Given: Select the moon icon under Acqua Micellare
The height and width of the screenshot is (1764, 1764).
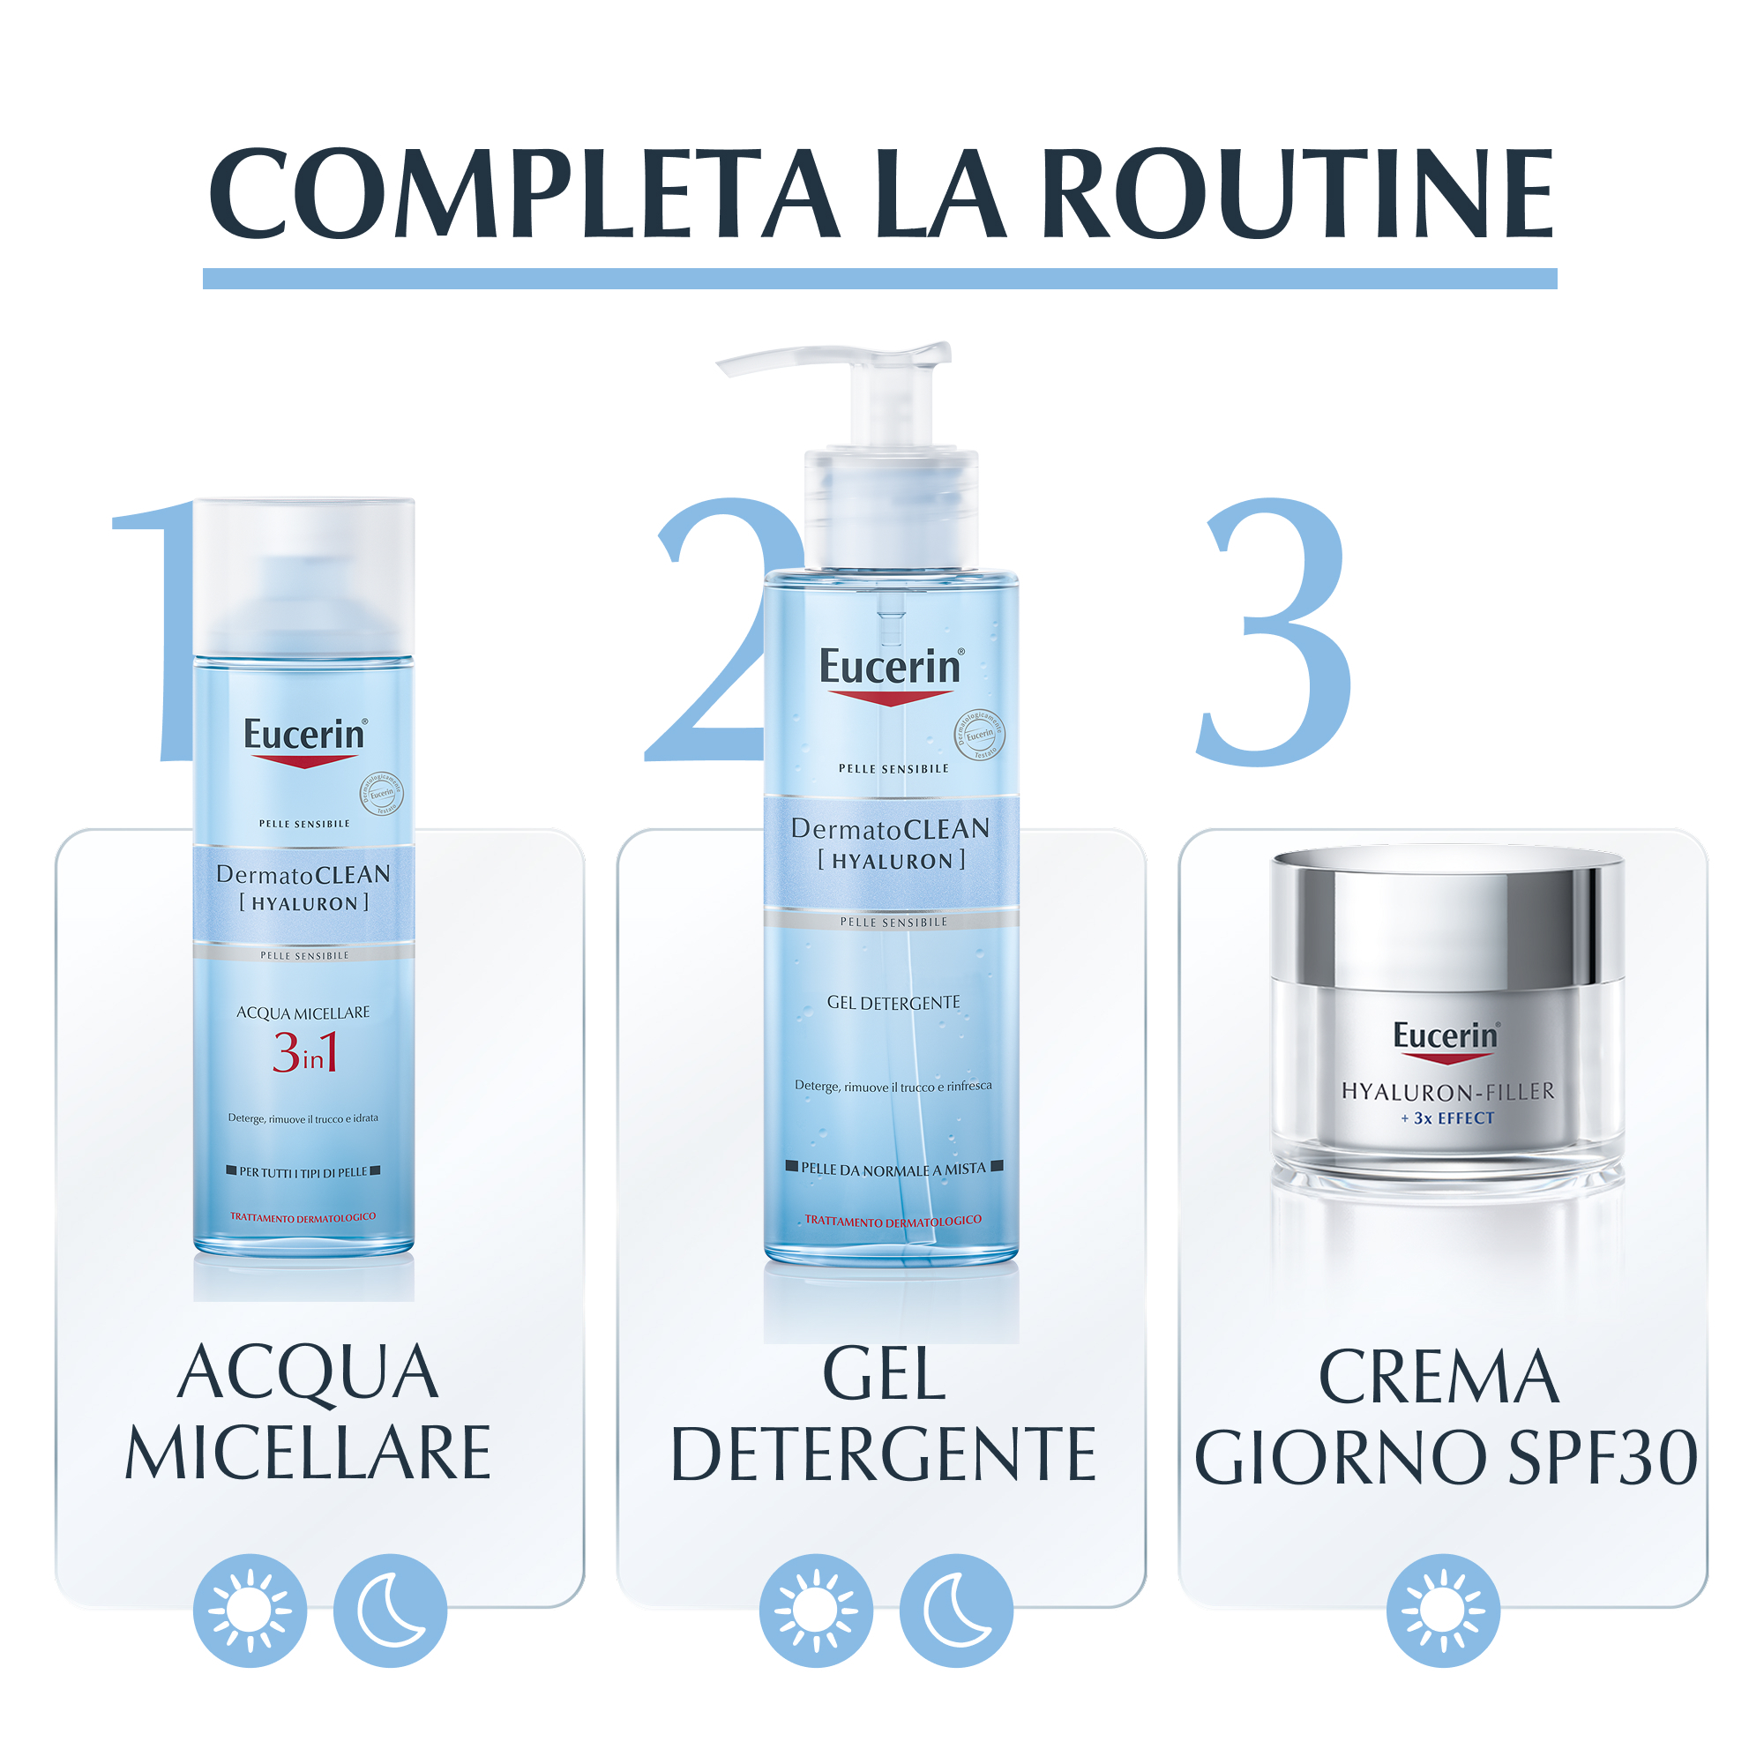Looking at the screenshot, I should pyautogui.click(x=390, y=1611).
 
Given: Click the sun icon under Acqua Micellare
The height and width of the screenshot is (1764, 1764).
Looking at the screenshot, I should pyautogui.click(x=250, y=1611).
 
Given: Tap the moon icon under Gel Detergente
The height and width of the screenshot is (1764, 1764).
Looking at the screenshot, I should pyautogui.click(x=956, y=1611).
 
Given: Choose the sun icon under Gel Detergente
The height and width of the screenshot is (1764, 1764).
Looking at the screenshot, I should pyautogui.click(x=816, y=1611).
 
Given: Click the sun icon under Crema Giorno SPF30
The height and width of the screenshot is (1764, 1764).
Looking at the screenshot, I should pyautogui.click(x=1443, y=1611).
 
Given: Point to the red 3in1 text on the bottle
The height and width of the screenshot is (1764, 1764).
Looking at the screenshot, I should pyautogui.click(x=305, y=1052).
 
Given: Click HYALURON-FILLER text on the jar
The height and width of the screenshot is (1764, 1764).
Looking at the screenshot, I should pyautogui.click(x=1447, y=1092).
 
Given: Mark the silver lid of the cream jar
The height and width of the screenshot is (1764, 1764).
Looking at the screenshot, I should pyautogui.click(x=1447, y=913).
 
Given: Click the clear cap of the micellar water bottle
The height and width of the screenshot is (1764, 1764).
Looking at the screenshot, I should pyautogui.click(x=304, y=575).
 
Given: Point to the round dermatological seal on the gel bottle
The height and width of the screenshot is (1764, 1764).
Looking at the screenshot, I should pyautogui.click(x=980, y=735).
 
